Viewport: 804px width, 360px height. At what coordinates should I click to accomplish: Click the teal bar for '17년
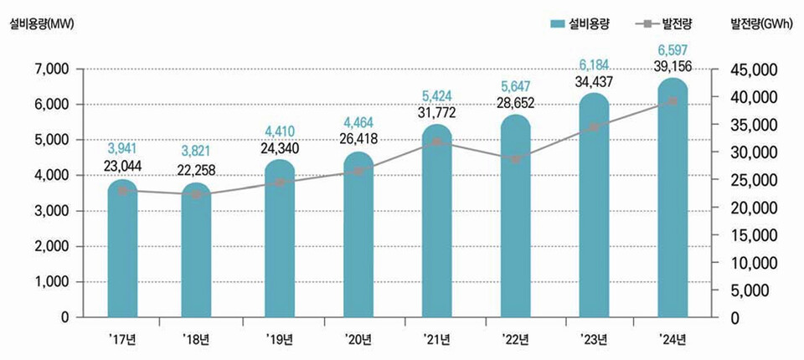point(122,251)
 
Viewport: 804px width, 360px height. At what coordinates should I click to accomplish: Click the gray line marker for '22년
point(515,159)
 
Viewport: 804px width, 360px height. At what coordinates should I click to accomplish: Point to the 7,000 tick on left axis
point(52,69)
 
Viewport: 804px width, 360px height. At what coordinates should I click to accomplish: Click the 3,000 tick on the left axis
point(52,211)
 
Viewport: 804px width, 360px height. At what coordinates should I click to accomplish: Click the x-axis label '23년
point(594,339)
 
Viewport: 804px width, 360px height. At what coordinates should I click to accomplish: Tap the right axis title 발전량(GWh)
point(761,24)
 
